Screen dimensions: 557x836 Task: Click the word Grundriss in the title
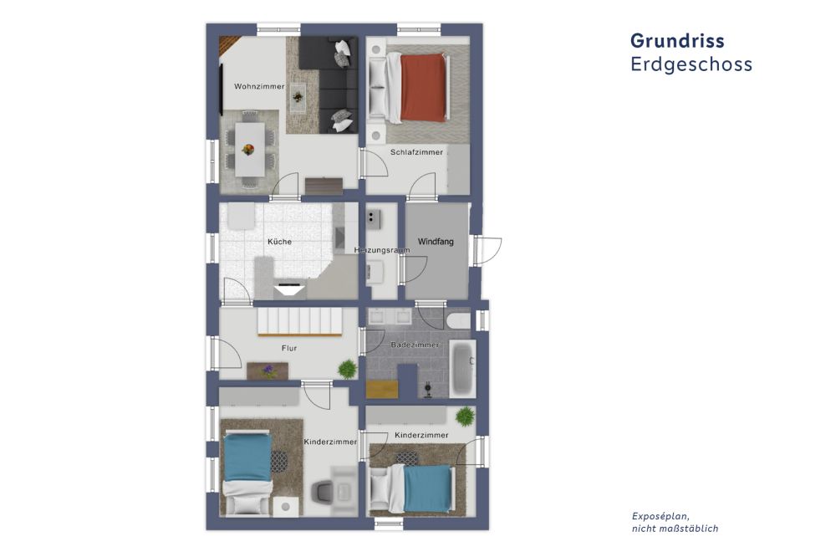(x=677, y=41)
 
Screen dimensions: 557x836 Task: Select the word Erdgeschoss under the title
(x=691, y=64)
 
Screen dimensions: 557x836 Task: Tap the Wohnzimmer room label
(x=259, y=87)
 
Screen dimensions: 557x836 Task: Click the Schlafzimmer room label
(x=416, y=152)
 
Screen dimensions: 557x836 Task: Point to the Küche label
(x=279, y=242)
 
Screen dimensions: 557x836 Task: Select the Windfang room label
(x=436, y=242)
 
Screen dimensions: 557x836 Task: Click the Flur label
(x=289, y=348)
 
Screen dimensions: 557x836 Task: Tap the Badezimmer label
(x=415, y=345)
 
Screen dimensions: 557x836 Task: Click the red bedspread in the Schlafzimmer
(x=423, y=88)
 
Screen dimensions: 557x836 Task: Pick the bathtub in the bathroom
(x=461, y=368)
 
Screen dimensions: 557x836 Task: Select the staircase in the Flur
(x=298, y=321)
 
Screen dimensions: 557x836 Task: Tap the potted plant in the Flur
(x=346, y=369)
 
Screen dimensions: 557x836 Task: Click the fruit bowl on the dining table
(x=247, y=150)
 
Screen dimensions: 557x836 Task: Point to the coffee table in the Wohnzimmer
(x=298, y=99)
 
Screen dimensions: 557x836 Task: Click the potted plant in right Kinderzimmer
(x=462, y=416)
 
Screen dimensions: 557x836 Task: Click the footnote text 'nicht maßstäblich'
(x=675, y=529)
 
